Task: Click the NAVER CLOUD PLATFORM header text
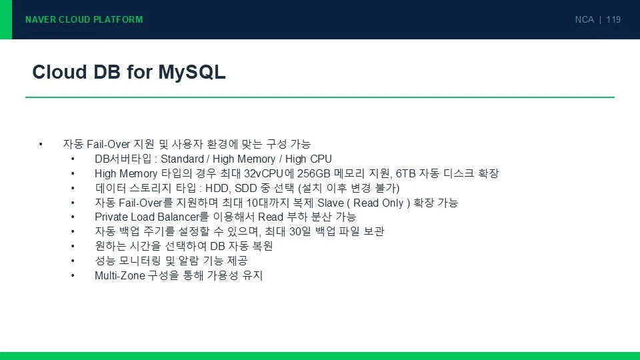[x=84, y=19]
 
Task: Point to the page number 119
[x=613, y=19]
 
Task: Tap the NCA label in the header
[x=585, y=19]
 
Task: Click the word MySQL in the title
[x=192, y=73]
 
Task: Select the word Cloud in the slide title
[x=59, y=72]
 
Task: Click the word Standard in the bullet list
[x=182, y=159]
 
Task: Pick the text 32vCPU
[x=264, y=173]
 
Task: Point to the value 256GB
[x=313, y=173]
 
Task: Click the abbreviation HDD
[x=217, y=188]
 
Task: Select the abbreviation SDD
[x=245, y=188]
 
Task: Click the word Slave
[x=331, y=203]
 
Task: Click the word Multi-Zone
[x=120, y=275]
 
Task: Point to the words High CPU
[x=309, y=159]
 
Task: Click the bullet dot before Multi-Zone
[x=73, y=275]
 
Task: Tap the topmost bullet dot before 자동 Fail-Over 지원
[x=41, y=144]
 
